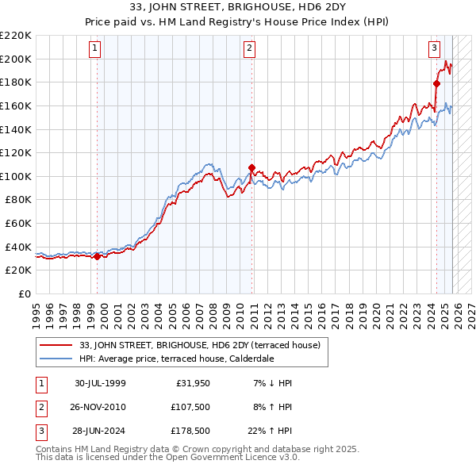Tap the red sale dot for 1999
pyautogui.click(x=98, y=255)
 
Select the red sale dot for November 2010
pyautogui.click(x=251, y=167)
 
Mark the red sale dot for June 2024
pyautogui.click(x=436, y=83)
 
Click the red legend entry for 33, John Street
pyautogui.click(x=199, y=345)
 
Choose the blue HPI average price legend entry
pyautogui.click(x=176, y=359)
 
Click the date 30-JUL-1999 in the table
pyautogui.click(x=100, y=383)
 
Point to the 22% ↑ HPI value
pyautogui.click(x=271, y=431)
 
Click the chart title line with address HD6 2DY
pyautogui.click(x=238, y=10)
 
